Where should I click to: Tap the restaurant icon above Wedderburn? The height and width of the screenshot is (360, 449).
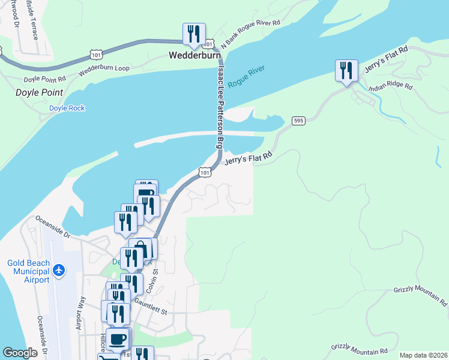194,35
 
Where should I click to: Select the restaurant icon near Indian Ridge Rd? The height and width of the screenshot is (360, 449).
346,71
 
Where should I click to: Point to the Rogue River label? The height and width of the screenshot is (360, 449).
246,77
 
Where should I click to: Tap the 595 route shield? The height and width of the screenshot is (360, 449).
298,121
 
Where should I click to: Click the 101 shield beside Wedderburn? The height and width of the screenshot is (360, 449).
208,44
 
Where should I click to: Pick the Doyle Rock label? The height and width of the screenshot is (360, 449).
67,108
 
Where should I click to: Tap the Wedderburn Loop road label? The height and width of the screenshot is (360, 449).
104,68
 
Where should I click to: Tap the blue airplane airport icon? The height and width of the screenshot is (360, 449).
59,270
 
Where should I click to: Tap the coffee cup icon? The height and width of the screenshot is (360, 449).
118,340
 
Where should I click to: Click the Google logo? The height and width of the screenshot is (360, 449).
20,353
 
